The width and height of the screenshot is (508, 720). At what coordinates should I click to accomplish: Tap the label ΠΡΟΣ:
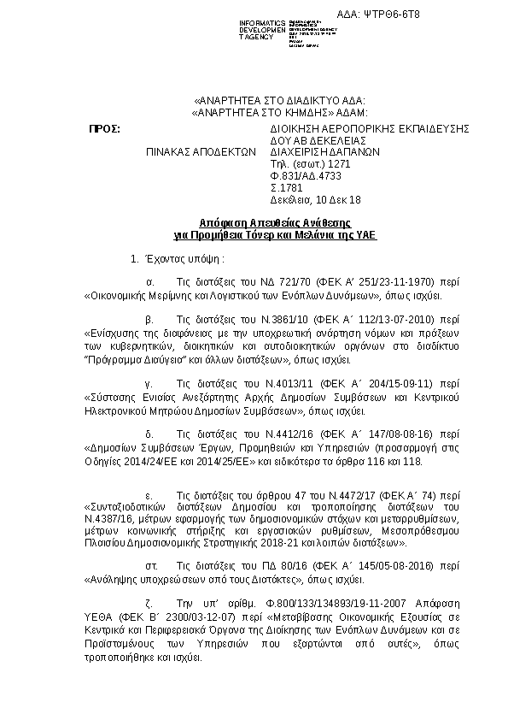click(x=106, y=128)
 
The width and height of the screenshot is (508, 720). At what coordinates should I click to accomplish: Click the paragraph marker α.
click(x=150, y=281)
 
